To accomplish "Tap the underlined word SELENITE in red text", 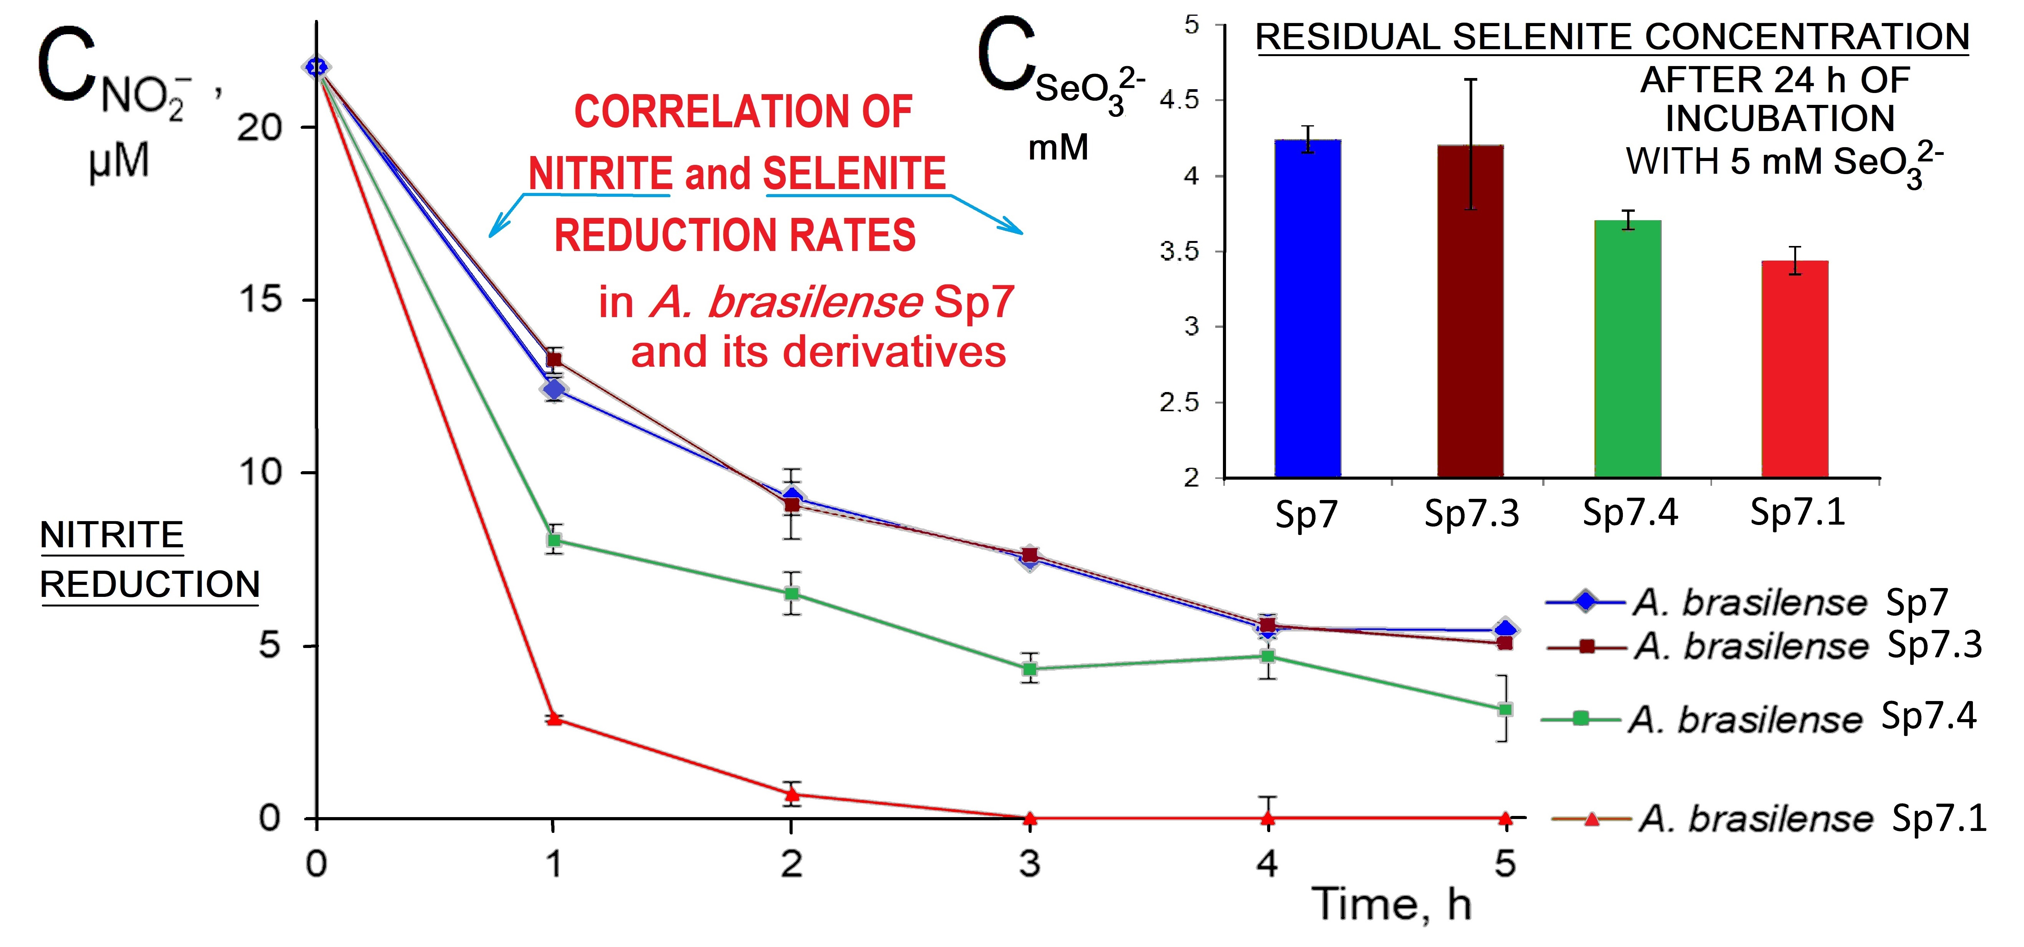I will [854, 173].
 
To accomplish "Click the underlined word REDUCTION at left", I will [149, 584].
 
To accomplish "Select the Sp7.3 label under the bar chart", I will [1472, 513].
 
